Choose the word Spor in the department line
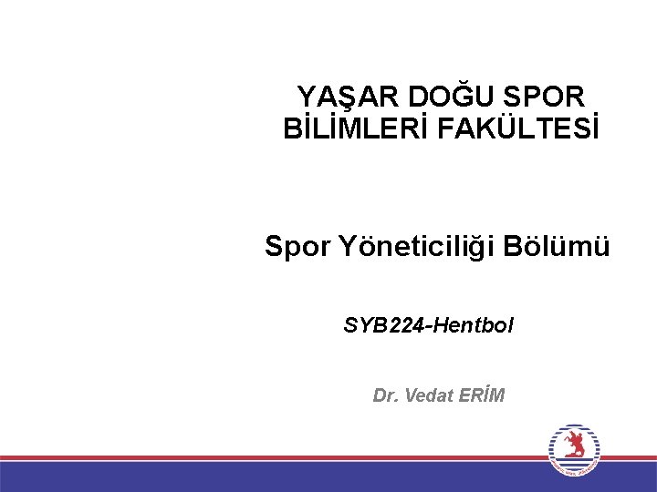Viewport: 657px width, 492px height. (x=297, y=246)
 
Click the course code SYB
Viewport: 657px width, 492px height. (x=364, y=323)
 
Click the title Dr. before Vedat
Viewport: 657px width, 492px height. (x=384, y=395)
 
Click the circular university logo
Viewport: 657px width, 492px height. (x=573, y=449)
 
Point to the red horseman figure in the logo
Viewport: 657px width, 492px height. (x=573, y=446)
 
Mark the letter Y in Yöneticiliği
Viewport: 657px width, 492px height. (x=348, y=246)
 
